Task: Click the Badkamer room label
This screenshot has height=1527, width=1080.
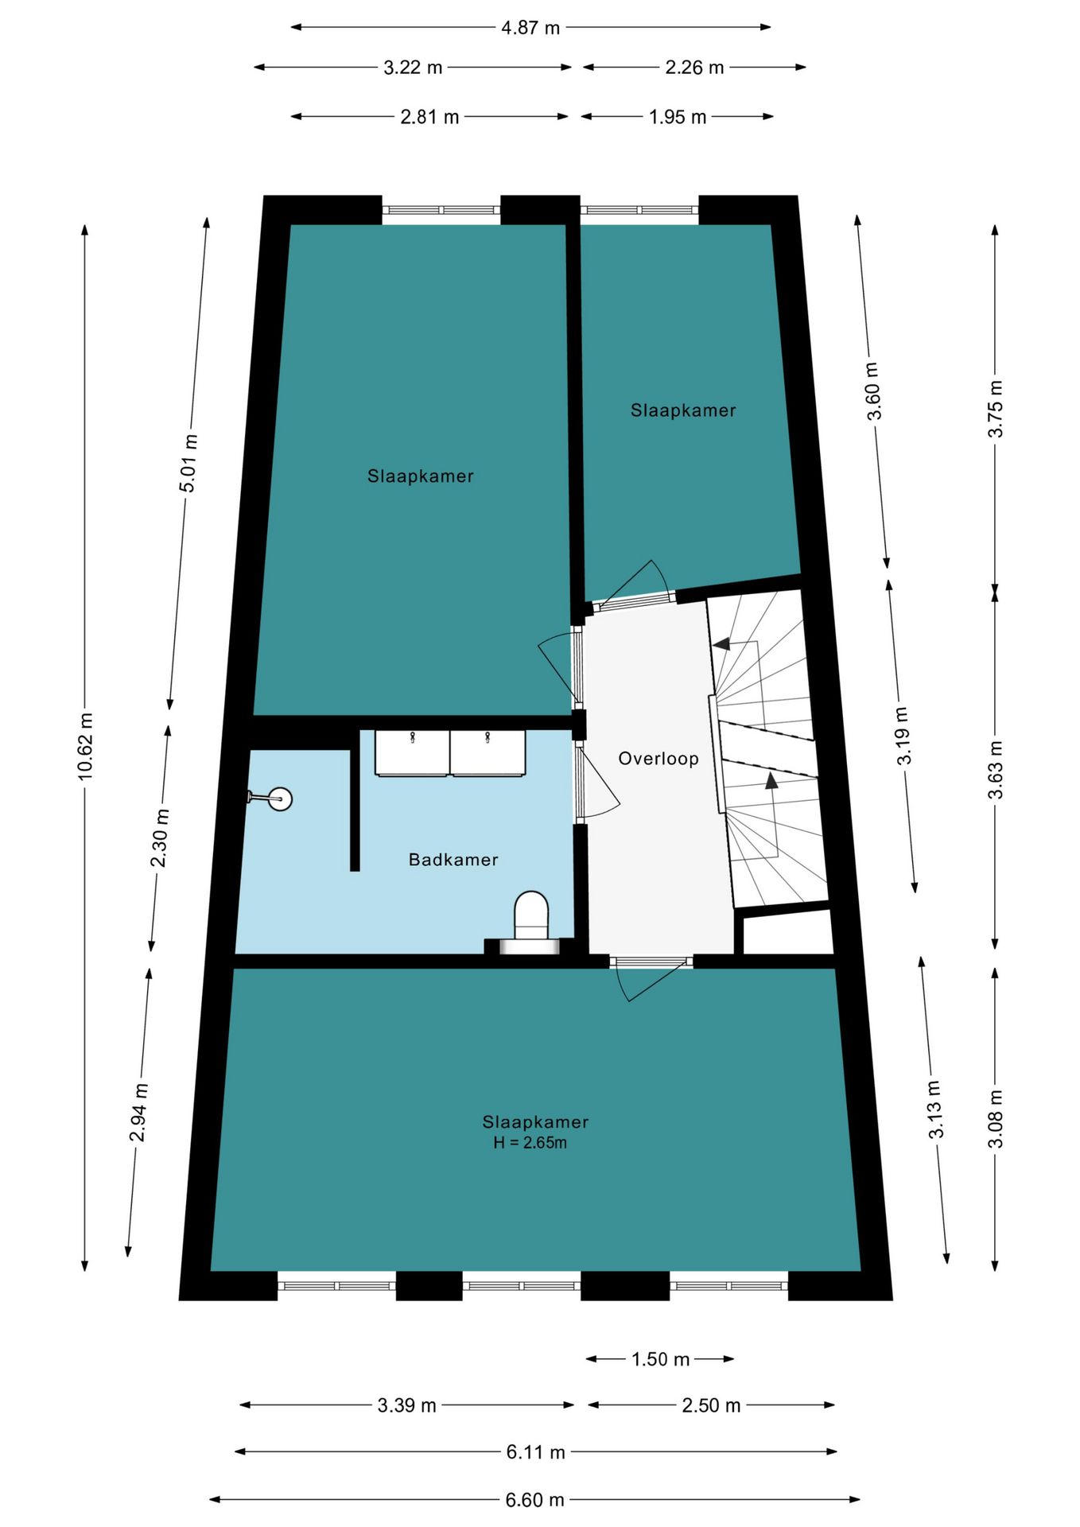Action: (x=453, y=860)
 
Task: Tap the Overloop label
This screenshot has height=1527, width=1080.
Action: (x=658, y=759)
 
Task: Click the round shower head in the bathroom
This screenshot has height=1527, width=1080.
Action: (x=280, y=798)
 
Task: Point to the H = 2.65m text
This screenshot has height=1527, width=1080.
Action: (x=530, y=1143)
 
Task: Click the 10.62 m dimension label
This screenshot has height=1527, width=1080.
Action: (x=86, y=746)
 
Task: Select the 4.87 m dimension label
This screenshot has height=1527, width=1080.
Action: (x=530, y=28)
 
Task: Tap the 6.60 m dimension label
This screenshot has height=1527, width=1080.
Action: (x=534, y=1500)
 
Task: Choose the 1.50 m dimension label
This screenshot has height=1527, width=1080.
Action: (x=660, y=1359)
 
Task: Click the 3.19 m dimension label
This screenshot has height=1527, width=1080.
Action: (x=903, y=736)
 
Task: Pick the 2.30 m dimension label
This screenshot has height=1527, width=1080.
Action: (x=160, y=838)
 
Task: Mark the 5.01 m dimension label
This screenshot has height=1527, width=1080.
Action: (x=188, y=464)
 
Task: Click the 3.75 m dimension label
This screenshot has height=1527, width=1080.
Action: (x=995, y=409)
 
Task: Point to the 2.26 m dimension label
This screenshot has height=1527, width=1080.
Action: (x=694, y=68)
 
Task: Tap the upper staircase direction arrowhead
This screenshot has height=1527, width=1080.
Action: (x=721, y=643)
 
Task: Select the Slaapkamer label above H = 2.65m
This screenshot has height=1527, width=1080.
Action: (x=535, y=1122)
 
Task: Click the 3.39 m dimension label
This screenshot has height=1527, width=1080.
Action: (x=406, y=1405)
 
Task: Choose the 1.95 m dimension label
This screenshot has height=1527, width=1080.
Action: (x=678, y=117)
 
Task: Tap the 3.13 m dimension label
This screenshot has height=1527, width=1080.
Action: (x=935, y=1109)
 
